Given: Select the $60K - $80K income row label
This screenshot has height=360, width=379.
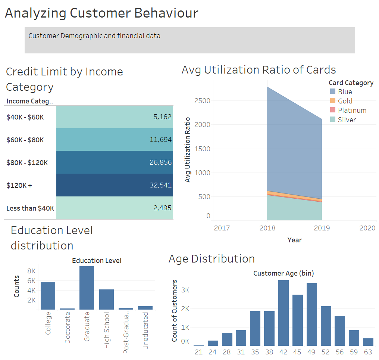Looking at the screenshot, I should pos(25,140).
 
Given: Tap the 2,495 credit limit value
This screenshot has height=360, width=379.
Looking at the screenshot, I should pos(162,208).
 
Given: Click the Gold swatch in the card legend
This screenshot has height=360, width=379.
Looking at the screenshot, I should pos(333,101).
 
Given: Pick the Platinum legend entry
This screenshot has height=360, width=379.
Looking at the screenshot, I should pos(352,110).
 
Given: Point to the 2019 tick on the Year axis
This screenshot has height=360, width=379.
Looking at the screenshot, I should pos(322,228).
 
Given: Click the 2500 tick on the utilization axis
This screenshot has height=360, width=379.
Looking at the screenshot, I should pos(202,101).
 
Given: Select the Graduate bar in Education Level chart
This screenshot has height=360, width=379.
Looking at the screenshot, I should pos(87,288).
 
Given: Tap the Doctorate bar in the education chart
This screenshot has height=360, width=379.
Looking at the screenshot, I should pos(67,308).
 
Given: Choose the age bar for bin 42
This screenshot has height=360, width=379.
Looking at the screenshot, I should pos(284,313).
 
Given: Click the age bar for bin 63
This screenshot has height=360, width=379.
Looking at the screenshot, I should pos(368,342).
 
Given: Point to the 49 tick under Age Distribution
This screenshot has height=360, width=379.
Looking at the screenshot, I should pos(312,352).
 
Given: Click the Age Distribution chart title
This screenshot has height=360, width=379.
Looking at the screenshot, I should pos(212,258).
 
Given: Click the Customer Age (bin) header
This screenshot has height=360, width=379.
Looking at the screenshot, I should pos(284,273).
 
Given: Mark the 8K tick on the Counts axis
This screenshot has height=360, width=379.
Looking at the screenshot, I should pos(31,271).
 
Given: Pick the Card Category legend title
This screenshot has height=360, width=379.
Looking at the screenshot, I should pos(351,83).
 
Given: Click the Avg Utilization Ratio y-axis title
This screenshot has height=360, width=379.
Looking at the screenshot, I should pos(188,150).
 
